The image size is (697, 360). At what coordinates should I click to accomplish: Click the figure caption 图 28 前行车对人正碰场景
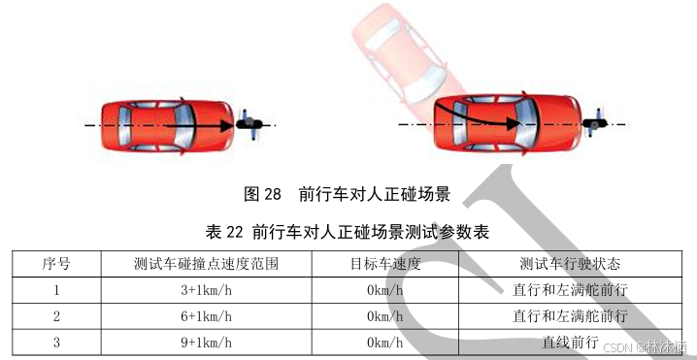tap(348, 194)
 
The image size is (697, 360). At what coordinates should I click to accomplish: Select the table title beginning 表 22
tap(348, 232)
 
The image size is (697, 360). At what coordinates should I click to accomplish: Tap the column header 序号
tap(56, 264)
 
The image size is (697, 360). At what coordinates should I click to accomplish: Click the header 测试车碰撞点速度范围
tap(206, 264)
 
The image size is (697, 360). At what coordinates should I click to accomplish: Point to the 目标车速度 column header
tap(385, 264)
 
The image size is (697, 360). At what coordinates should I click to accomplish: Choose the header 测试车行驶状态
tap(570, 264)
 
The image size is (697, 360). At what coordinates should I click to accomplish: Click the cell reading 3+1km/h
tap(206, 290)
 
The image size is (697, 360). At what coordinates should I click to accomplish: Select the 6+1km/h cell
tap(206, 316)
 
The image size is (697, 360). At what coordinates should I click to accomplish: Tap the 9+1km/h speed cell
tap(206, 343)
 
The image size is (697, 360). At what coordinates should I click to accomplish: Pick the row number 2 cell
tap(56, 316)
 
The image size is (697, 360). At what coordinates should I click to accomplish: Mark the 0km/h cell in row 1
tap(385, 290)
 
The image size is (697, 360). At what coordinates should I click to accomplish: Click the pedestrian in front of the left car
tap(249, 124)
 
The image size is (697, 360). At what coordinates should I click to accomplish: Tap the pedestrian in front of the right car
tap(594, 122)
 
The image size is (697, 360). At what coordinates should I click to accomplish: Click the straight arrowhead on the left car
tap(227, 126)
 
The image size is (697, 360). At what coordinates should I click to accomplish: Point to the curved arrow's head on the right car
tap(514, 123)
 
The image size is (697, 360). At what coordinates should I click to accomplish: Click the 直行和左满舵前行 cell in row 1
tap(570, 290)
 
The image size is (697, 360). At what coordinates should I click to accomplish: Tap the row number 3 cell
tap(56, 343)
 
